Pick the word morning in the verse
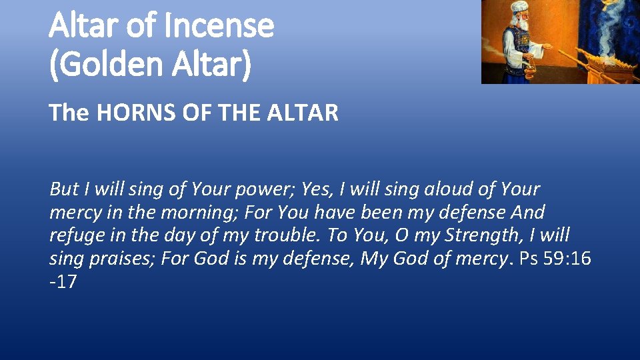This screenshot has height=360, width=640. pos(200,213)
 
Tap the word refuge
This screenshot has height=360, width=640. pos(74,236)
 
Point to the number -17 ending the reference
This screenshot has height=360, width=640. pos(63,282)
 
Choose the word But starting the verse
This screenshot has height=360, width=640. pos(64,189)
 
